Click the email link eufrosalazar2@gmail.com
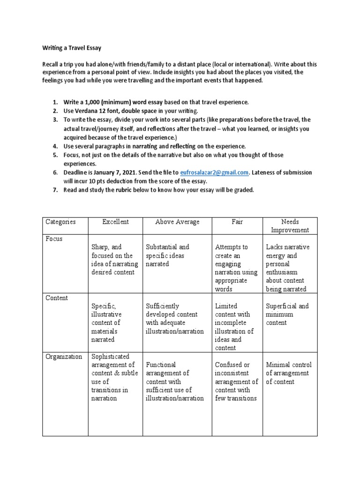(219, 172)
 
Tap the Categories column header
(60, 222)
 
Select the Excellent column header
(115, 222)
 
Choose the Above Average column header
(177, 222)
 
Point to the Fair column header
(237, 222)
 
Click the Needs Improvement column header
(289, 225)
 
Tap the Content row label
(56, 298)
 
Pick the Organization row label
(64, 356)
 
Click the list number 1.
(55, 102)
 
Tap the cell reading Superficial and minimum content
(287, 315)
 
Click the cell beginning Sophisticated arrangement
(112, 377)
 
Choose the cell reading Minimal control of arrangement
(288, 373)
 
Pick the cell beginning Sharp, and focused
(112, 260)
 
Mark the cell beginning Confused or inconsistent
(236, 382)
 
